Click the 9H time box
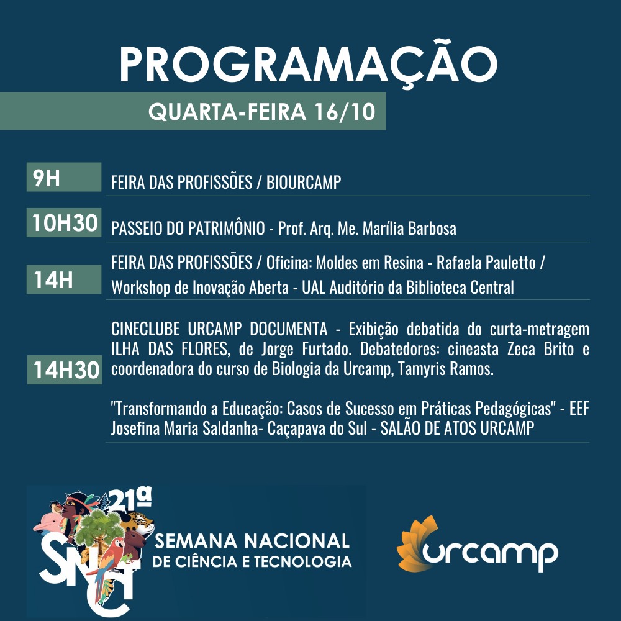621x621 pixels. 64,177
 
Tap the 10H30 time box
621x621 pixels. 64,222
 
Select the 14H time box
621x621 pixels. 64,279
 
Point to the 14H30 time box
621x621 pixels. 65,370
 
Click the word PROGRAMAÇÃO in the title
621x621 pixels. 308,64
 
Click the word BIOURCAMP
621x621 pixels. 304,182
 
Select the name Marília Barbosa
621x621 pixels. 409,229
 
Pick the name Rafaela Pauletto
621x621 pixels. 486,263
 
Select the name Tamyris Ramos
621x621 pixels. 446,369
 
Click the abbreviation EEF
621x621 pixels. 579,409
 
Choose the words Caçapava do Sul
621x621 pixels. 317,428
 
